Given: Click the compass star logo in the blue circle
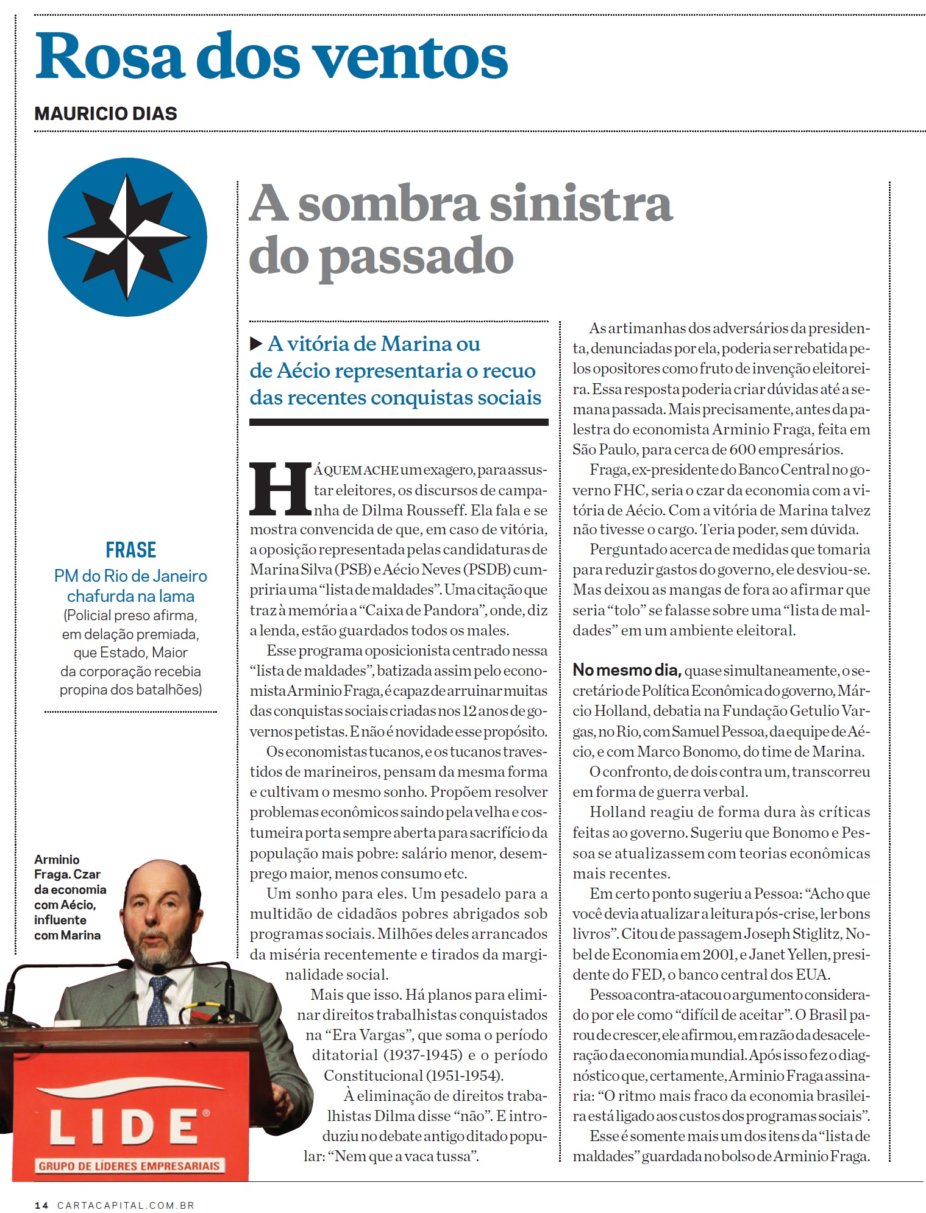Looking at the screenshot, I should click(x=127, y=237).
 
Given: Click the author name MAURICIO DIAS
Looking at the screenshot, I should click(x=105, y=113).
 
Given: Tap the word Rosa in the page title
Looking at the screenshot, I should click(x=110, y=57).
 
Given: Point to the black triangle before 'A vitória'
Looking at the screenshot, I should click(x=256, y=344).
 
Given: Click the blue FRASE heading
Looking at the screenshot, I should click(x=130, y=550).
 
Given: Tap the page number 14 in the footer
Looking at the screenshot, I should click(x=41, y=1205).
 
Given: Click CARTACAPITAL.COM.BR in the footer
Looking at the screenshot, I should click(x=126, y=1205).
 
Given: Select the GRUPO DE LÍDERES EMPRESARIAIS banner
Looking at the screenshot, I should click(x=129, y=1165).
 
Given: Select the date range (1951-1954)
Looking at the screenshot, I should click(x=465, y=1075).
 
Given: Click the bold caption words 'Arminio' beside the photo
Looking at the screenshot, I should click(x=57, y=859).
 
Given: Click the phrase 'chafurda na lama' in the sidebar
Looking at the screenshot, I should click(x=130, y=596).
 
